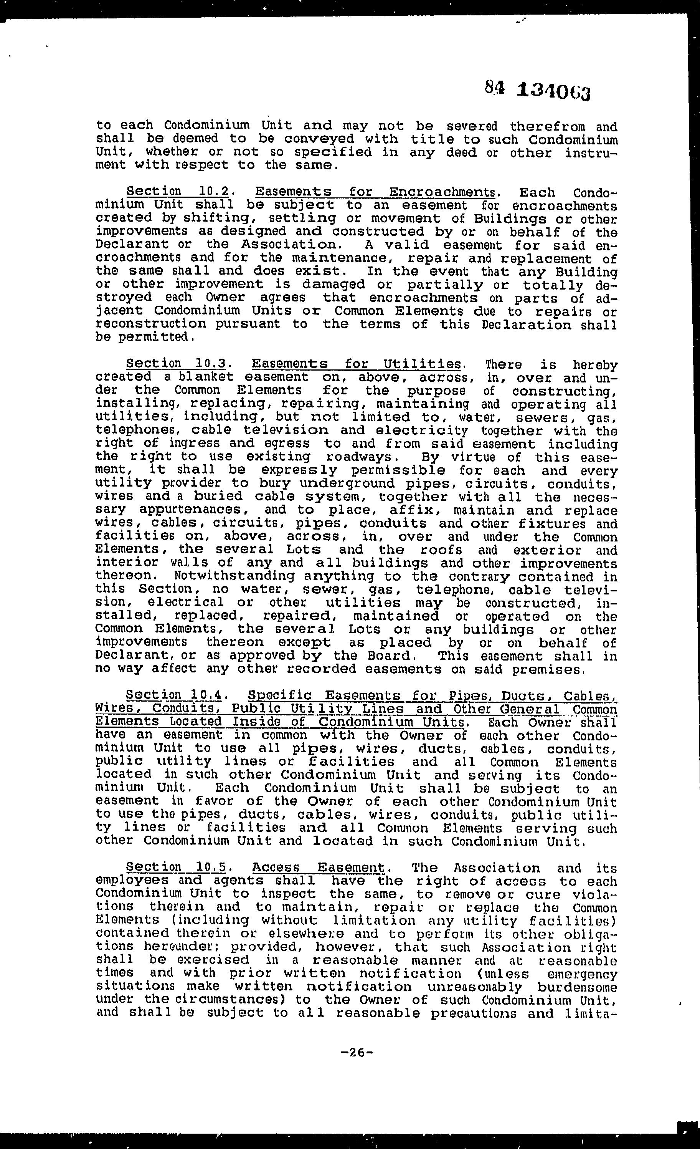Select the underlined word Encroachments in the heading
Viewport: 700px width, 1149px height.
[x=441, y=192]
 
